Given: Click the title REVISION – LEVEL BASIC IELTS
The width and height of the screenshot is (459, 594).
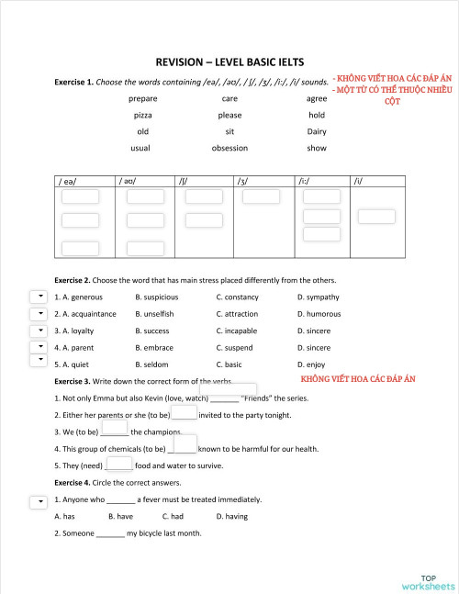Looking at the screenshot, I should pos(229,63).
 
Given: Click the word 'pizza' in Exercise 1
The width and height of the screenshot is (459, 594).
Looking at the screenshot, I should pos(143,115).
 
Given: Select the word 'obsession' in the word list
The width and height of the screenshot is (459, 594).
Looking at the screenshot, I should pos(229,148).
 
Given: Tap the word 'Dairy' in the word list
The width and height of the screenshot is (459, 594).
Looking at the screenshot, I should pos(317,131).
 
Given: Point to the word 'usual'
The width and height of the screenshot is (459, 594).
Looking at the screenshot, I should pos(140,148).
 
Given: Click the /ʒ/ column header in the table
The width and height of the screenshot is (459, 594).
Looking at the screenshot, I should pos(243,181).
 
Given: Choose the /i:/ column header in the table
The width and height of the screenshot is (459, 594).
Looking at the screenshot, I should pos(304,181).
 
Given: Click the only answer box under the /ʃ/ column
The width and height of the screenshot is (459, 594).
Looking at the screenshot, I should pos(197,196).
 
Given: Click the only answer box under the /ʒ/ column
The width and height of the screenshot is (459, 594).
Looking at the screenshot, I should pos(262,196).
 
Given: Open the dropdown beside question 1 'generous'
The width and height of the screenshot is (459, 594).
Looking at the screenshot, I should pos(39,297).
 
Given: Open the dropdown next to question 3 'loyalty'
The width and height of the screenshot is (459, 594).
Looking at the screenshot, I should pos(39,331).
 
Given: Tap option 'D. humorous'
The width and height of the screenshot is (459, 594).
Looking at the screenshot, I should pos(319,314).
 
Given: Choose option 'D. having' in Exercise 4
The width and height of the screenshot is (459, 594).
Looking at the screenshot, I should pos(231,517).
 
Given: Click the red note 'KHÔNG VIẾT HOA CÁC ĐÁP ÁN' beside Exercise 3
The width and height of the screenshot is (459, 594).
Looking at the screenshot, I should pos(358,378).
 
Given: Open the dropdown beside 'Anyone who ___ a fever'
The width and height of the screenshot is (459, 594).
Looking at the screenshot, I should pos(39,501).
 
